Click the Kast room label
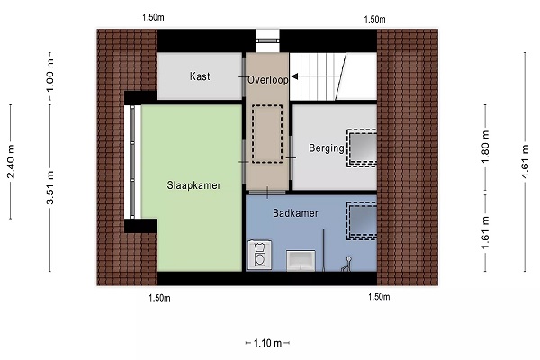pyautogui.click(x=200, y=76)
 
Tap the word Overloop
pyautogui.click(x=268, y=80)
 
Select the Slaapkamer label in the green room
pyautogui.click(x=193, y=185)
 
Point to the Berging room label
pyautogui.click(x=327, y=148)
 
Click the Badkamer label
pyautogui.click(x=295, y=213)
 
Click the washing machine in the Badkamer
pyautogui.click(x=259, y=255)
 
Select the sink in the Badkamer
pyautogui.click(x=301, y=260)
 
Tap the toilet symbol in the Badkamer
pyautogui.click(x=346, y=265)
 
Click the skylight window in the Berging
pyautogui.click(x=362, y=148)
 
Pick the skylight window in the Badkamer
pyautogui.click(x=362, y=220)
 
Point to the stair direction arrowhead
pyautogui.click(x=294, y=76)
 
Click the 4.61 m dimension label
pyautogui.click(x=525, y=162)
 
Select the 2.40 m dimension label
pyautogui.click(x=11, y=162)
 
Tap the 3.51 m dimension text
pyautogui.click(x=50, y=187)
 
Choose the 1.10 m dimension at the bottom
pyautogui.click(x=267, y=343)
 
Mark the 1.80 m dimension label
pyautogui.click(x=485, y=147)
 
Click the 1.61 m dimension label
pyautogui.click(x=485, y=232)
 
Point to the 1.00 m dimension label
pyautogui.click(x=50, y=76)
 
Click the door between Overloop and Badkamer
pyautogui.click(x=267, y=193)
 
